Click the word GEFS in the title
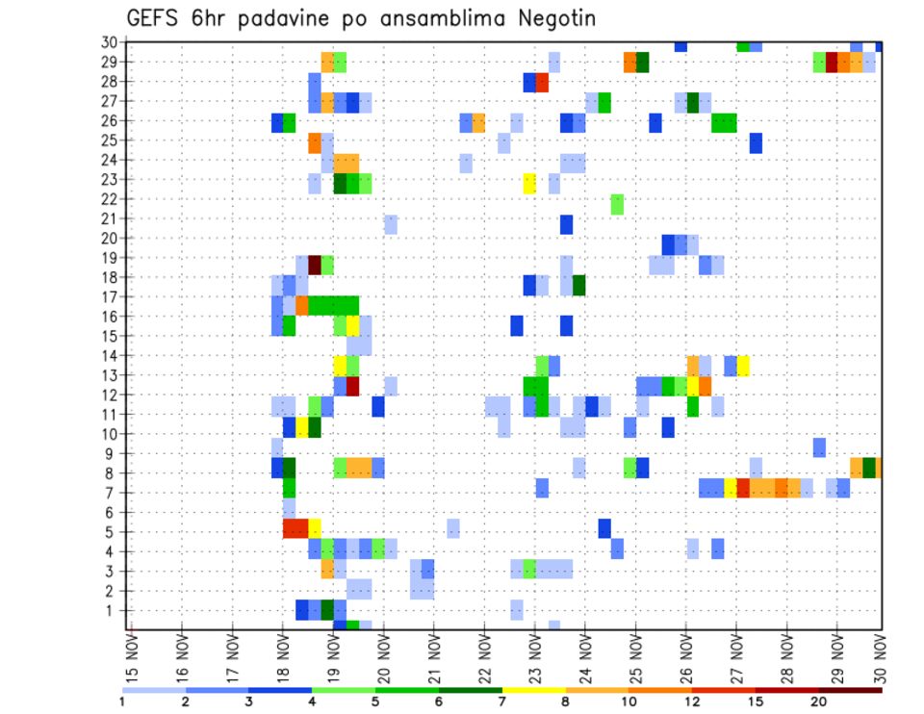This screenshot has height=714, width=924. click(153, 19)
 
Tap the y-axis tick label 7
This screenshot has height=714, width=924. click(113, 493)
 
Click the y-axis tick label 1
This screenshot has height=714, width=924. click(113, 610)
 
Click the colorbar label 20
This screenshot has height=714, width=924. click(819, 701)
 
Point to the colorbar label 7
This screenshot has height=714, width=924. click(502, 701)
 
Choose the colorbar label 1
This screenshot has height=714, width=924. click(122, 701)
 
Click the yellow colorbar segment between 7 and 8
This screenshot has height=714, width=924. click(534, 690)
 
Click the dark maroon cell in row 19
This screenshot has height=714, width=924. click(314, 265)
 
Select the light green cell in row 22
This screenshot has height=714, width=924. click(617, 204)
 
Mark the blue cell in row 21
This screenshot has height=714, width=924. click(566, 224)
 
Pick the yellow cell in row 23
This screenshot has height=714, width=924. click(529, 183)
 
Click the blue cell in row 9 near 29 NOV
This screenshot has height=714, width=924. click(819, 447)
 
